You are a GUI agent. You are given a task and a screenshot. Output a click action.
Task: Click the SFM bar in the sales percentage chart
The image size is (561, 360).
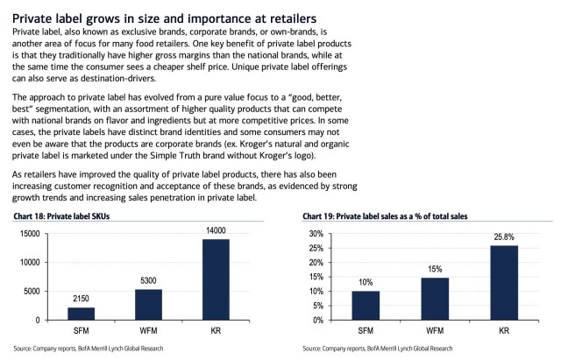click(x=366, y=305)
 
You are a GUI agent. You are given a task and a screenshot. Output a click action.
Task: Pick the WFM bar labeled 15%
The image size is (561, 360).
click(x=434, y=298)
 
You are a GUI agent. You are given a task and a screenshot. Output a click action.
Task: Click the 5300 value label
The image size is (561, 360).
click(x=147, y=281)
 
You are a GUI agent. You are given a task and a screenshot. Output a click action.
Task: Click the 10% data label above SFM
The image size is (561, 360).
click(x=366, y=283)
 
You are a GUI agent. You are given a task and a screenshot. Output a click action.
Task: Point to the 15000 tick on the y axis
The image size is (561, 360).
click(x=30, y=234)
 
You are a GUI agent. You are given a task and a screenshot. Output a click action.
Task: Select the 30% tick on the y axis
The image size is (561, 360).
click(x=314, y=234)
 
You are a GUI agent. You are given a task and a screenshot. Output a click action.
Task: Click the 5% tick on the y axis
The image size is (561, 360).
click(x=316, y=305)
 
